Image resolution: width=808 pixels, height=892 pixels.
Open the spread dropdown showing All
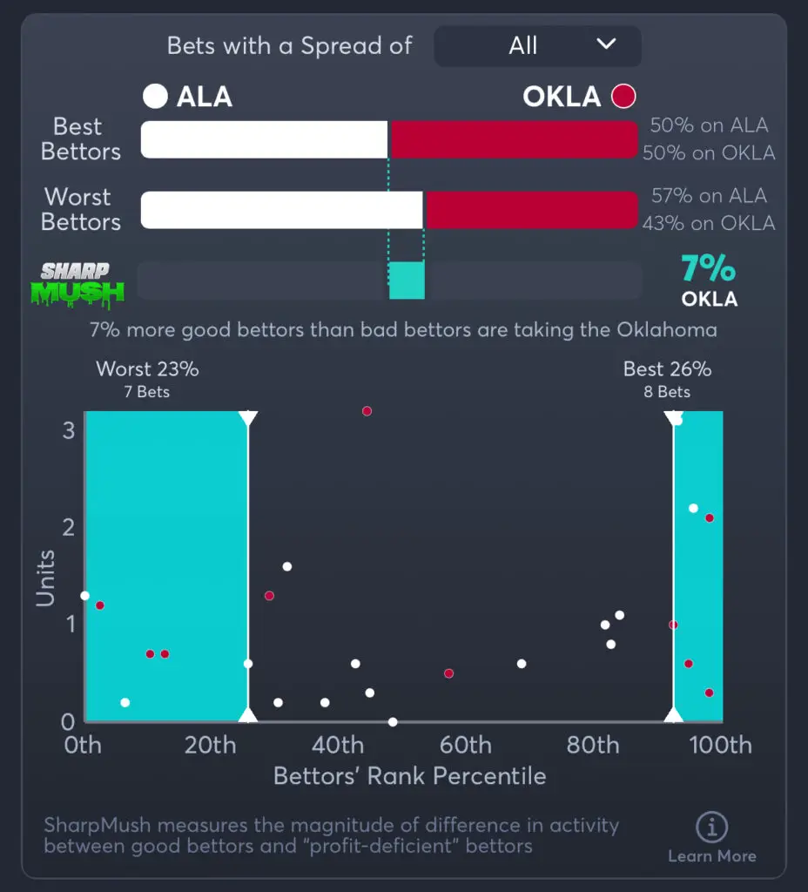point(537,46)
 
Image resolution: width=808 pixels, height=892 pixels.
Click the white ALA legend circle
point(155,96)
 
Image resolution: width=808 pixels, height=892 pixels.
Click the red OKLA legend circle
point(623,96)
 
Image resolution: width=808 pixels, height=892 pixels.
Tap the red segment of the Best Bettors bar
point(514,139)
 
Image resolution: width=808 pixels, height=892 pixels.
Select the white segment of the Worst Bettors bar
point(281,210)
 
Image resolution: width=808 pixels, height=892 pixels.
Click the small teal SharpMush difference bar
point(407,280)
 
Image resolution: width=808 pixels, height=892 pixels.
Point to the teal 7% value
point(709,270)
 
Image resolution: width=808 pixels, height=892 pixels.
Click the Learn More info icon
point(712,828)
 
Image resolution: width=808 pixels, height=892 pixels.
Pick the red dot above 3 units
point(367,411)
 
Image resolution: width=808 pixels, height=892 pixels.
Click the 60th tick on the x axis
point(465,746)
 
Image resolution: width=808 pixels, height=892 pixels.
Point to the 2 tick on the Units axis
point(68,527)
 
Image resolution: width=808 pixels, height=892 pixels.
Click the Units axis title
point(45,578)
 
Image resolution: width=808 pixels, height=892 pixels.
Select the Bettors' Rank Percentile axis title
point(409,776)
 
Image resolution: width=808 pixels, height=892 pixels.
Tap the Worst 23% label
point(147,369)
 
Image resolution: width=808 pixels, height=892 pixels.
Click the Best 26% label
point(667,369)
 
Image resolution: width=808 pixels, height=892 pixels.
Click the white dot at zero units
point(393,722)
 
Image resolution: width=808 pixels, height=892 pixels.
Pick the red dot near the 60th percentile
point(448,673)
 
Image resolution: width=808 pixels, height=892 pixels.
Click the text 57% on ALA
point(710,197)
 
